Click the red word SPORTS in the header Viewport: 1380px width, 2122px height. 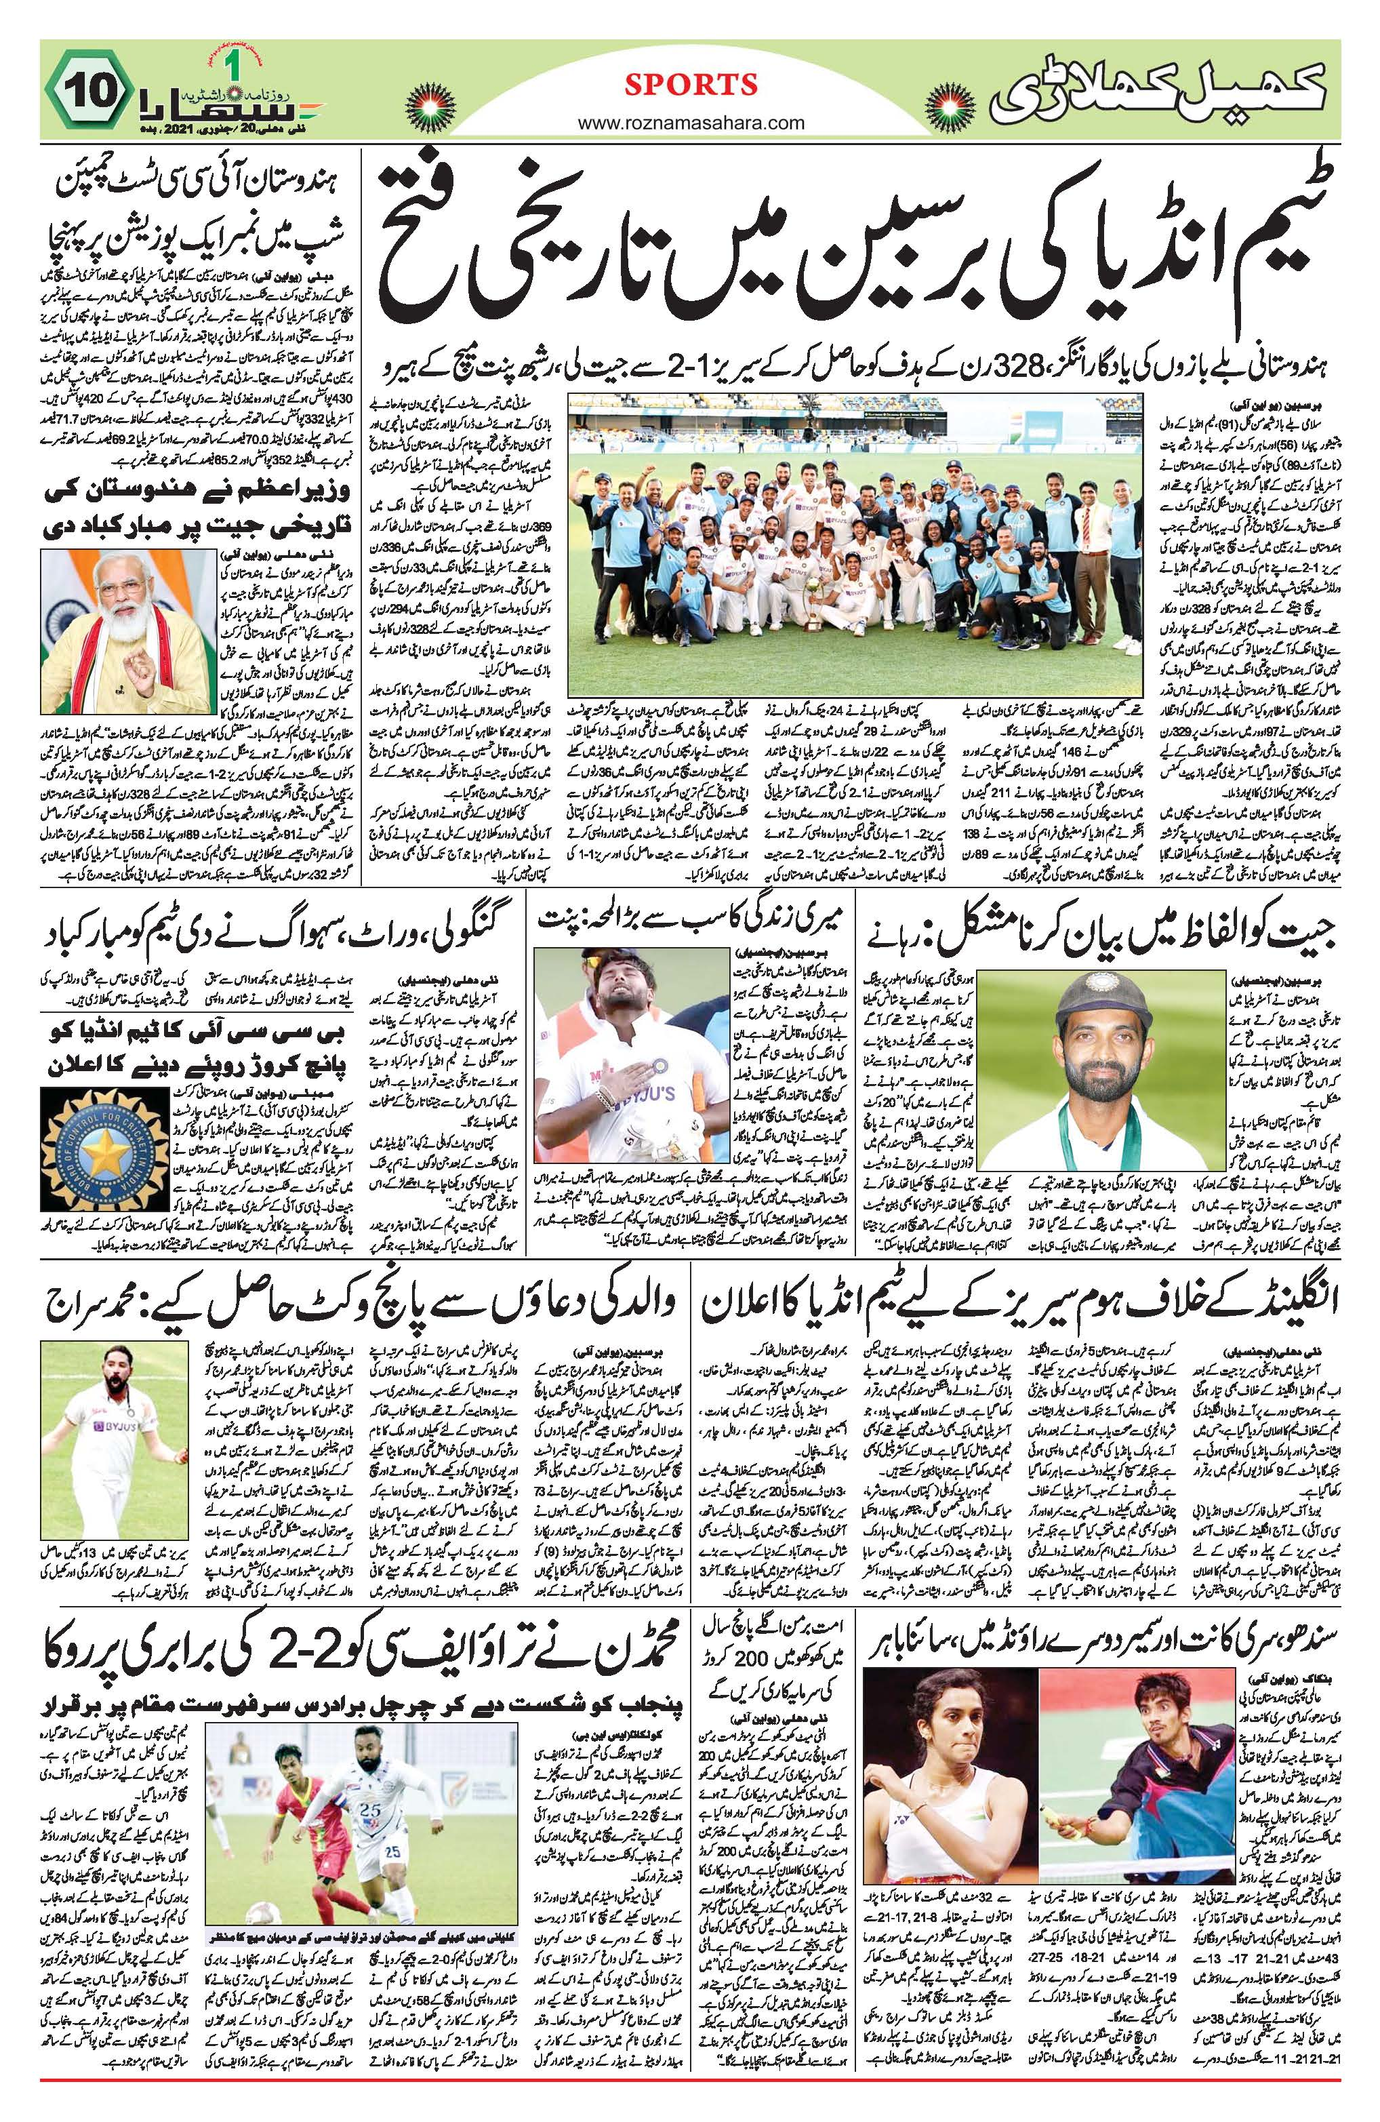[690, 85]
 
